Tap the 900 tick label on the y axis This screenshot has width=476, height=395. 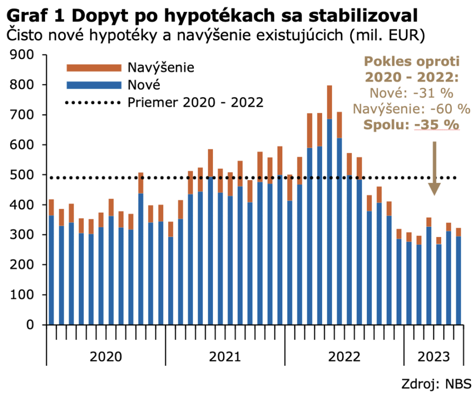22,55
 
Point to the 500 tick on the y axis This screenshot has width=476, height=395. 22,175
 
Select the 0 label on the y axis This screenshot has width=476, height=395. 29,325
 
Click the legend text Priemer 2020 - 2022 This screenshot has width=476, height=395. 196,102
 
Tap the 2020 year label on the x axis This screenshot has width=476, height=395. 106,357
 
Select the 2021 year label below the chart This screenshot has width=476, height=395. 225,357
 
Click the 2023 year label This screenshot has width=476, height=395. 434,357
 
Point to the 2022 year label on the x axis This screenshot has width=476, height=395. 344,357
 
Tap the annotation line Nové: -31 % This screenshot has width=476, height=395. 411,93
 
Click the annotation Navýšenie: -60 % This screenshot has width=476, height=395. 411,109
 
